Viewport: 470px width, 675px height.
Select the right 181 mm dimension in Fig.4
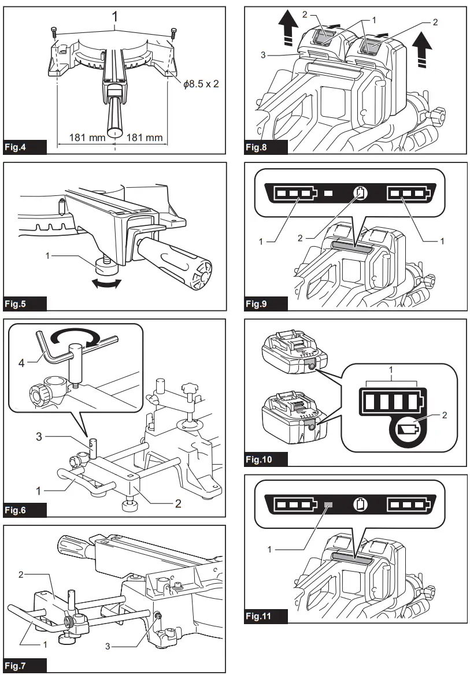coord(145,139)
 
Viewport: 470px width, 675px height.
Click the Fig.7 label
coord(24,666)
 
